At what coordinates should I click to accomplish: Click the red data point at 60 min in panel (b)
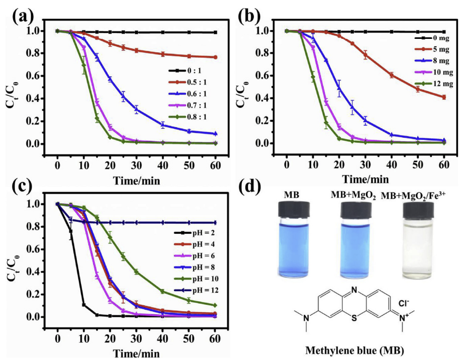444,97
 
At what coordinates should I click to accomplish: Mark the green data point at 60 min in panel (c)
215,305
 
